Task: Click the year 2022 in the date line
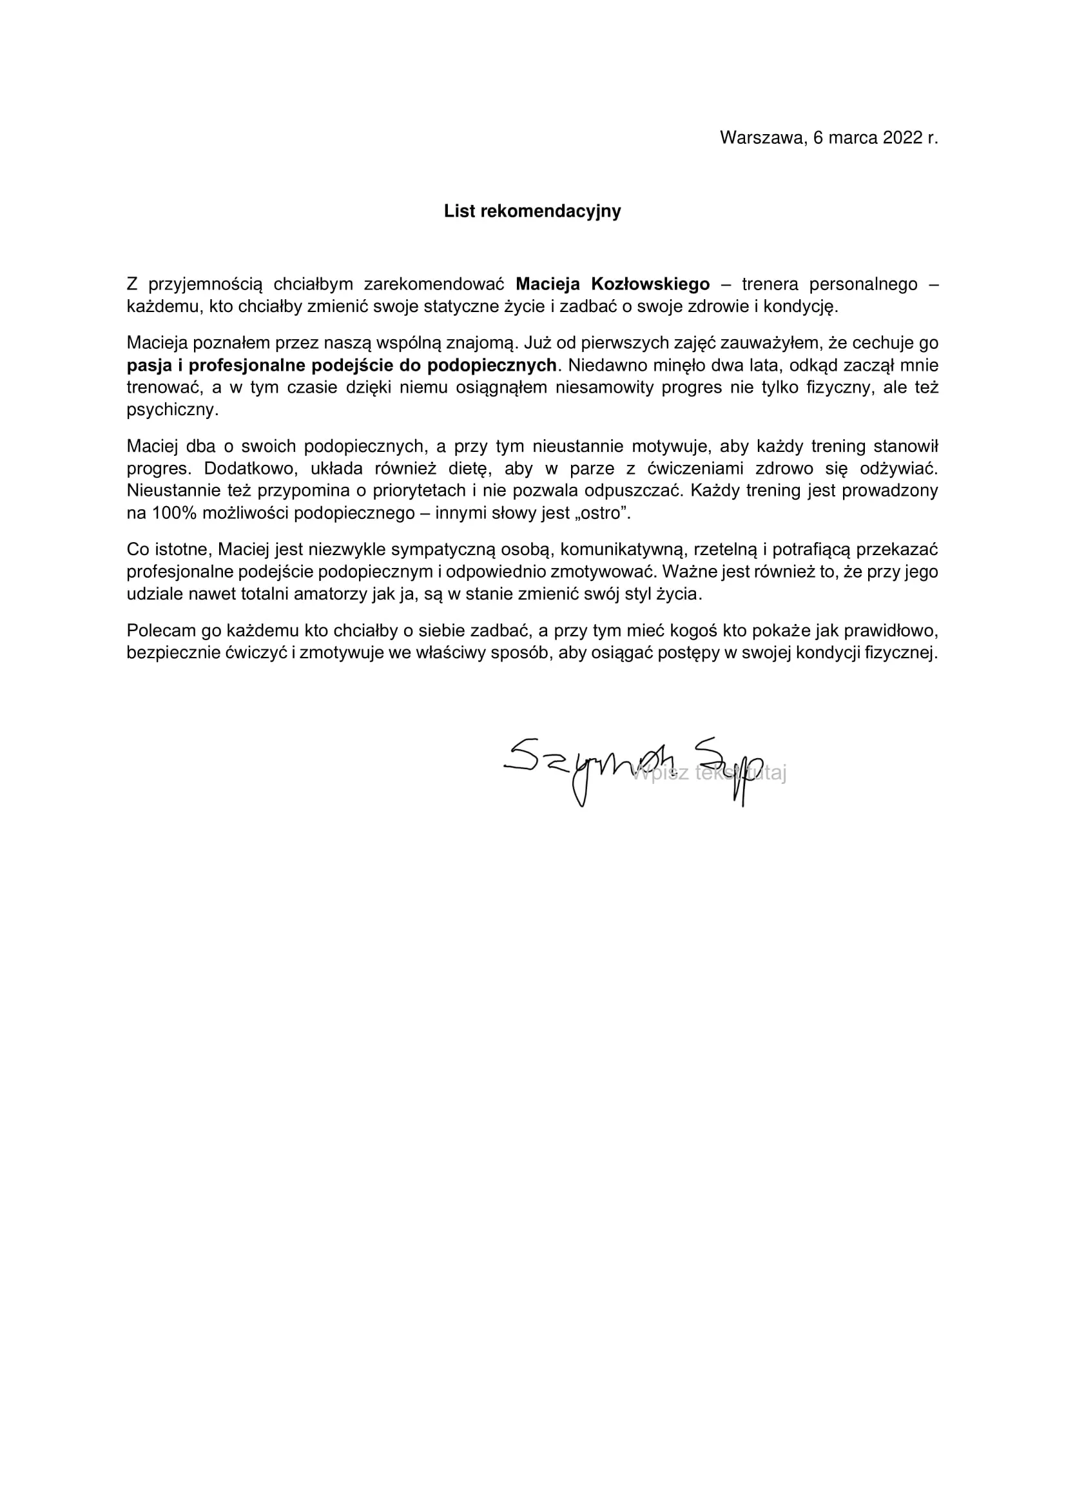[x=902, y=138]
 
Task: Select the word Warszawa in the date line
[x=762, y=138]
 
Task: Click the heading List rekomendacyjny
[x=532, y=211]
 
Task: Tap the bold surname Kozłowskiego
[x=650, y=284]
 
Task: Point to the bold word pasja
[x=149, y=366]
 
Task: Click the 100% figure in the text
[x=174, y=514]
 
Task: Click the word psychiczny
[x=172, y=411]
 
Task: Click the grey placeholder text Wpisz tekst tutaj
[x=709, y=773]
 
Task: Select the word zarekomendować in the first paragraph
[x=434, y=284]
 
